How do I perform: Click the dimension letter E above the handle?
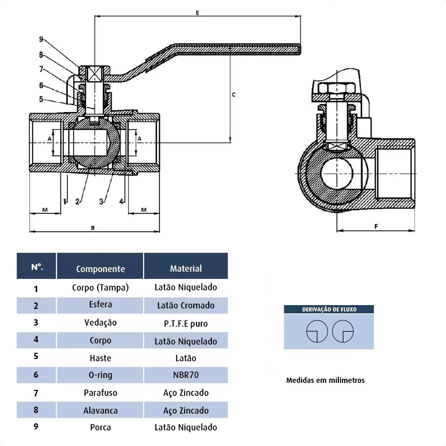coord(197,13)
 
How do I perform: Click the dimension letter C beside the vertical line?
coord(233,95)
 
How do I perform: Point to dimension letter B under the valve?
coord(93,228)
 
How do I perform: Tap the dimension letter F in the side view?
coord(376,226)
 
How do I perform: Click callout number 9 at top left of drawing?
coord(41,39)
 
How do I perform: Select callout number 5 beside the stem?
coord(41,99)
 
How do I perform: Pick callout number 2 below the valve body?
coord(77,201)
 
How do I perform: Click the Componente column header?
coord(100,269)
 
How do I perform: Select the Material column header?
coord(186,268)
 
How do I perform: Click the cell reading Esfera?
coord(100,304)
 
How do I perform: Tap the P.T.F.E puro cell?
coord(186,323)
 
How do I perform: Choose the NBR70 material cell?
coord(186,375)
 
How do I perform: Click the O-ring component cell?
coord(100,375)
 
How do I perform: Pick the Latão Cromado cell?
coord(186,305)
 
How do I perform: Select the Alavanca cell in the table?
coord(100,410)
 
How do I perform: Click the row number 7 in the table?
coord(36,393)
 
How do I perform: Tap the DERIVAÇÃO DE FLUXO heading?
coord(329,309)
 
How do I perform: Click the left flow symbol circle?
coord(317,331)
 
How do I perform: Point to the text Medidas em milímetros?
coord(325,380)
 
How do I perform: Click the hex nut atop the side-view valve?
coord(337,88)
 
